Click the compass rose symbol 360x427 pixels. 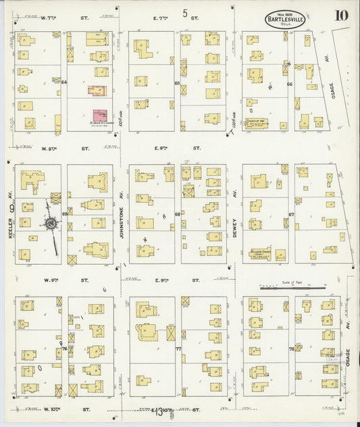coord(49,223)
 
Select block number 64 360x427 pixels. coord(65,82)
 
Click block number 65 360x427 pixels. coord(177,83)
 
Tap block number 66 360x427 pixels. coord(289,84)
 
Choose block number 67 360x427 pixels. coord(291,215)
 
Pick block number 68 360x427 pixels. coord(178,215)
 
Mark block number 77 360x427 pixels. coord(178,349)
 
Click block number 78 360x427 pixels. coord(291,349)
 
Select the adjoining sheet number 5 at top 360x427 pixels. coord(184,13)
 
